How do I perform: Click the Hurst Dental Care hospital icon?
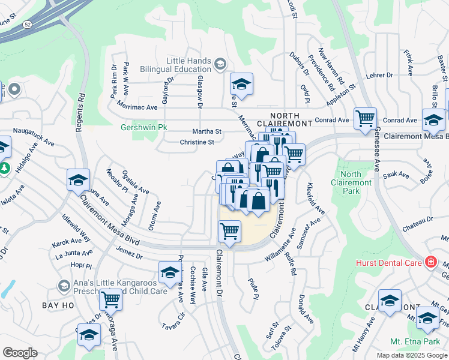click(430, 262)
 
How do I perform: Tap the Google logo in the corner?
click(20, 353)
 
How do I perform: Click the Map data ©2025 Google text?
click(411, 355)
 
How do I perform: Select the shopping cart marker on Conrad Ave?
click(365, 119)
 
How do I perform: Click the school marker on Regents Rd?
click(79, 180)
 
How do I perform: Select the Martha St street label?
click(206, 131)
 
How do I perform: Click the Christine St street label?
click(197, 142)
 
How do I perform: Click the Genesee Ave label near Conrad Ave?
click(378, 150)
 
